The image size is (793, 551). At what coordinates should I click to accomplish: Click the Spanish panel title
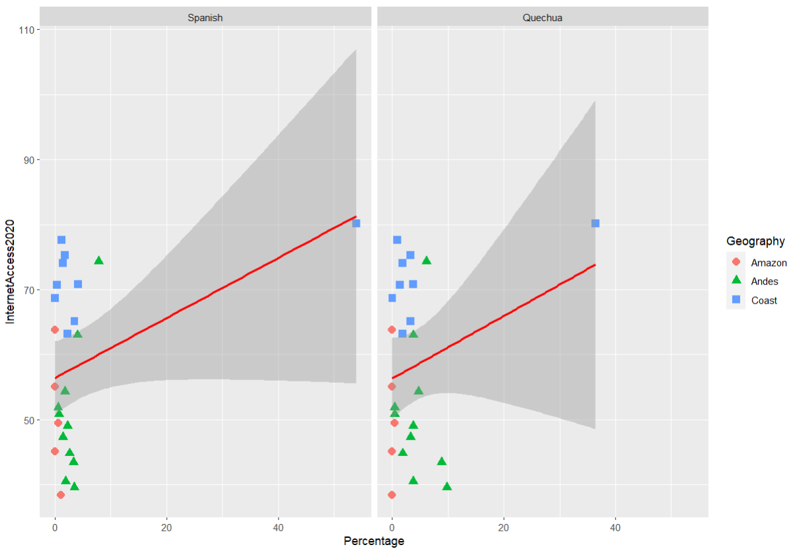(x=205, y=18)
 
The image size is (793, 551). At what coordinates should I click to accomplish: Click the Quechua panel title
(x=542, y=18)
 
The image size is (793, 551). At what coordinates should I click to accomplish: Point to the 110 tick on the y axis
(x=28, y=30)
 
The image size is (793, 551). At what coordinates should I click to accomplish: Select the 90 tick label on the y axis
(x=28, y=160)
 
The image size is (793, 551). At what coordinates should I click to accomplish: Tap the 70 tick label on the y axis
(x=28, y=290)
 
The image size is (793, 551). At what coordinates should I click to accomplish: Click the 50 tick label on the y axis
(x=28, y=420)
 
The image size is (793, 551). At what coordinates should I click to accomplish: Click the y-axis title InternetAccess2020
(x=10, y=271)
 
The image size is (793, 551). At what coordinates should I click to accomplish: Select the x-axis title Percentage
(x=374, y=541)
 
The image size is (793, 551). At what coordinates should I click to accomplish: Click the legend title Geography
(x=755, y=241)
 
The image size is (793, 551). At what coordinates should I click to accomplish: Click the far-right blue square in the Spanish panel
(x=356, y=223)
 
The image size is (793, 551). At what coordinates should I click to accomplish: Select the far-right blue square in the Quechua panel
(x=595, y=223)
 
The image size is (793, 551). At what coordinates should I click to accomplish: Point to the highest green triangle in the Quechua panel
(x=427, y=260)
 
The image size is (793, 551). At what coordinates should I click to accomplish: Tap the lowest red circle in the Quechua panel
(x=392, y=495)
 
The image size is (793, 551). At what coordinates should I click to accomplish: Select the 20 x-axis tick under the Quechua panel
(x=504, y=528)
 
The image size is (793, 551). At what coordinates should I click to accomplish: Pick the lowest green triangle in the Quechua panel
(x=447, y=486)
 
